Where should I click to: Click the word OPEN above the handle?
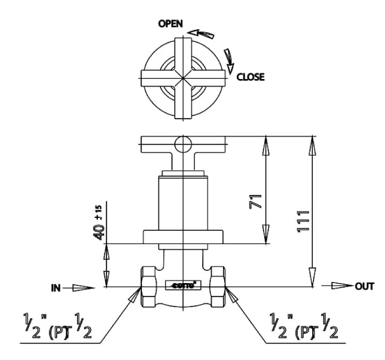tap(171, 24)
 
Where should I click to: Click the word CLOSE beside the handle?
tap(250, 77)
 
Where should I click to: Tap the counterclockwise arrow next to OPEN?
tap(203, 34)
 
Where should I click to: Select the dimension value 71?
tap(255, 201)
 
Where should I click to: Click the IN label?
tap(56, 288)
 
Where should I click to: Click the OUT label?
tap(364, 286)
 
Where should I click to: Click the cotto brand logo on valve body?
tap(183, 285)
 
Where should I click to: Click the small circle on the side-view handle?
tap(182, 144)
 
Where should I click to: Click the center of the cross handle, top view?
tap(183, 77)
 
